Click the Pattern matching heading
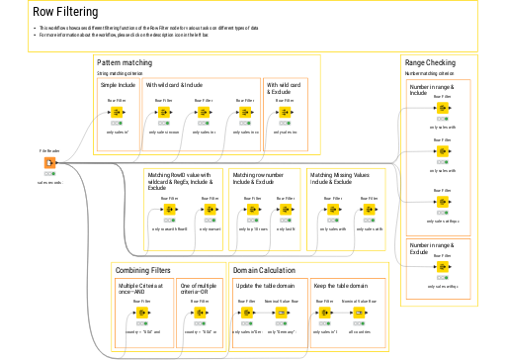(x=125, y=63)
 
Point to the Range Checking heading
(x=431, y=63)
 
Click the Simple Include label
(x=118, y=85)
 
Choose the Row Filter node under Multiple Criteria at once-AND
(x=145, y=314)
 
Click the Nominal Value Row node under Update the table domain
(x=282, y=314)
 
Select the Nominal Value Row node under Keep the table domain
(x=360, y=314)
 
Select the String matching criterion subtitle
(x=120, y=73)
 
